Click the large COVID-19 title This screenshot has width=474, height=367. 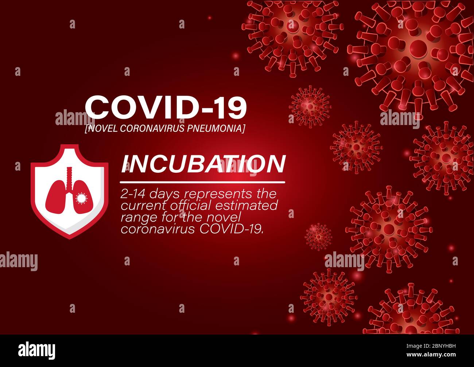click(x=166, y=108)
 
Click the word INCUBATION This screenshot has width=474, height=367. click(x=203, y=164)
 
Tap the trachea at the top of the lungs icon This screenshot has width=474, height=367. click(x=69, y=175)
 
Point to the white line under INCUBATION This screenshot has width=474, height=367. click(x=203, y=181)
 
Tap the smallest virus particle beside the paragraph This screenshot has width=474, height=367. click(x=318, y=237)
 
